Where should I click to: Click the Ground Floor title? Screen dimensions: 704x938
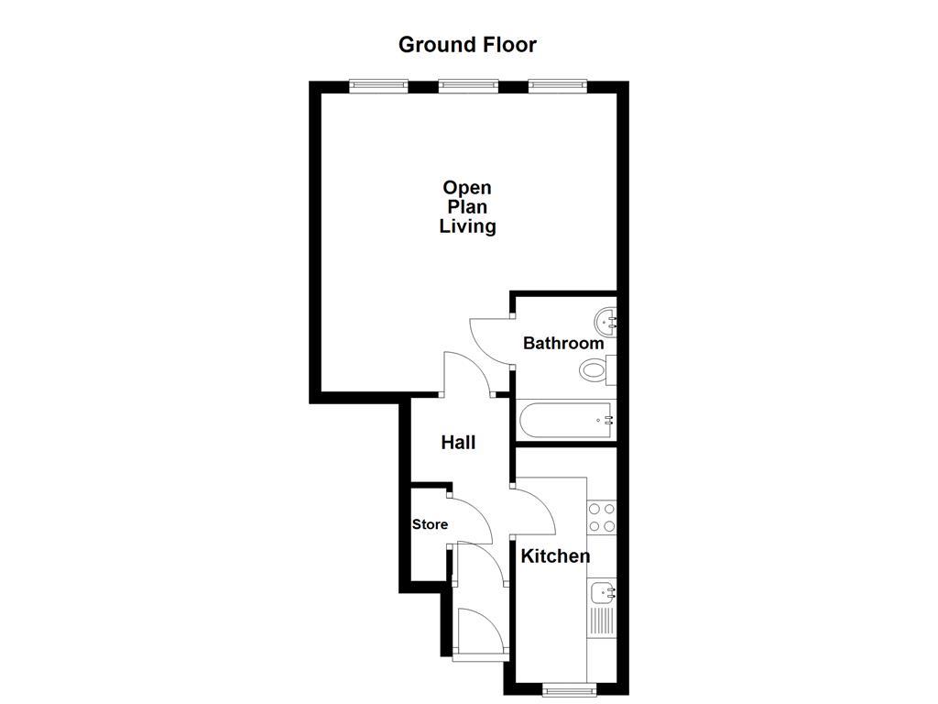click(x=467, y=44)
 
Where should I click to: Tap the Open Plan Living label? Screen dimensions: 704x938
click(x=467, y=207)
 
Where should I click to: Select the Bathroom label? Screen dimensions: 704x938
click(x=562, y=344)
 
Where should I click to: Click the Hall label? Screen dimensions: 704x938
click(x=458, y=443)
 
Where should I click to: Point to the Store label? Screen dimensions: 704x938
click(x=430, y=524)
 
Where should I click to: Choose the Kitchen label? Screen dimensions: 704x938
click(x=555, y=555)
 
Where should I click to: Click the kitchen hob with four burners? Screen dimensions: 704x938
click(x=602, y=518)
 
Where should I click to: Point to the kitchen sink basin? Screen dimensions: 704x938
click(x=603, y=591)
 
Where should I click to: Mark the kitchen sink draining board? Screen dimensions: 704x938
click(x=602, y=621)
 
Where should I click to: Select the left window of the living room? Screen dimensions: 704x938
click(x=378, y=86)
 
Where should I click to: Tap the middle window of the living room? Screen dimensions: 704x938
click(x=468, y=86)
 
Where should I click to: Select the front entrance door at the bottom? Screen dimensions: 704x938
click(x=480, y=634)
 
